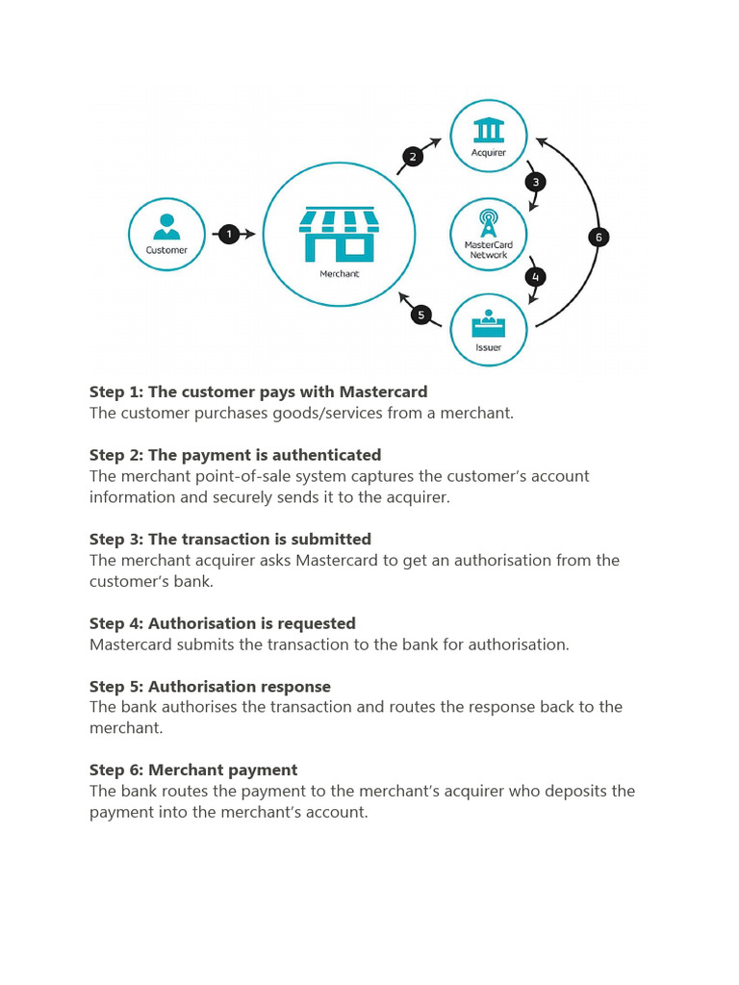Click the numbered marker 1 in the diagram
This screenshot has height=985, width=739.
[x=228, y=234]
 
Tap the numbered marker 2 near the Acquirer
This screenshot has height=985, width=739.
[x=413, y=158]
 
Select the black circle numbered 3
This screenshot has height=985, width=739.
[x=536, y=181]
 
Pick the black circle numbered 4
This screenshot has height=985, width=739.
[x=536, y=277]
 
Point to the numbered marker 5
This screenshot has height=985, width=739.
[x=420, y=315]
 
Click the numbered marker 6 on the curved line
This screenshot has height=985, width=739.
[x=599, y=237]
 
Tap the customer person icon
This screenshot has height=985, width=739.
[x=166, y=226]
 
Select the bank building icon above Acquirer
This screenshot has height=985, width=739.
[x=489, y=131]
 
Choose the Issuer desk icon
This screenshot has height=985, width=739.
[x=489, y=325]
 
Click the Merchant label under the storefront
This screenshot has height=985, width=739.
[x=339, y=274]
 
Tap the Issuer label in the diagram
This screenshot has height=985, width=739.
[x=489, y=347]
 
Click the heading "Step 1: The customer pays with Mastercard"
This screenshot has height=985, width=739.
[x=258, y=391]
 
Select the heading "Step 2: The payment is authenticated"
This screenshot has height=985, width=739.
[x=235, y=455]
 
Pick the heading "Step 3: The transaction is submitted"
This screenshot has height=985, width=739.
[x=230, y=539]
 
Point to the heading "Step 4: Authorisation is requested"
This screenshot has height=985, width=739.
[x=222, y=623]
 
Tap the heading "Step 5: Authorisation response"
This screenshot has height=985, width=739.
[x=210, y=687]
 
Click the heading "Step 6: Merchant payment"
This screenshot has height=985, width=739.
[x=193, y=770]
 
